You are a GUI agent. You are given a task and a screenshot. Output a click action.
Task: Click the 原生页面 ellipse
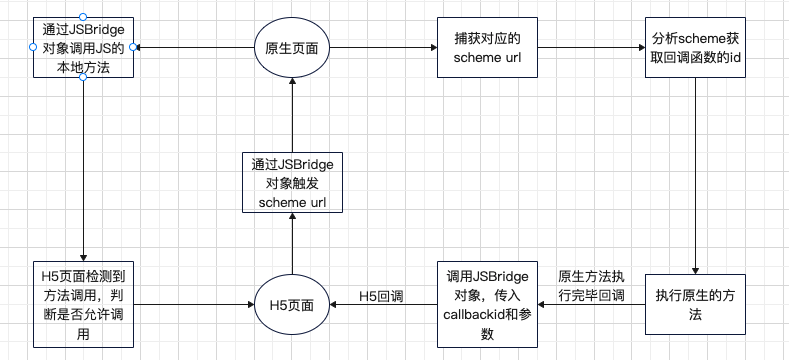point(292,49)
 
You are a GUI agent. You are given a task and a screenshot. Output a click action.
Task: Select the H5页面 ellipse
point(292,301)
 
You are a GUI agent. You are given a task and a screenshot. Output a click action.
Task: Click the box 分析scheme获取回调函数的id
point(696,49)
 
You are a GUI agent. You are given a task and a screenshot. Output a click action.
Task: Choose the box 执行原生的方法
point(696,302)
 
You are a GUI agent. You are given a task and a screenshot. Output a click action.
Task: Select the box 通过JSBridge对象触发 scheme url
point(292,180)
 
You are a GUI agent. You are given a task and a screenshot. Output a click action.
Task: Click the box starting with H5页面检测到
point(83,302)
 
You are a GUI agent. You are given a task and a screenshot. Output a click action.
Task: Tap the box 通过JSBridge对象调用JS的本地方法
point(83,47)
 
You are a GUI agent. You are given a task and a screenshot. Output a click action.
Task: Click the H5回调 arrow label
point(380,296)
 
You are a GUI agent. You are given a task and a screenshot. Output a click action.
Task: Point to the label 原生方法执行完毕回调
point(592,285)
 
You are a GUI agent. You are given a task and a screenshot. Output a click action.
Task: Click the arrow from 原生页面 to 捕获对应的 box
point(384,49)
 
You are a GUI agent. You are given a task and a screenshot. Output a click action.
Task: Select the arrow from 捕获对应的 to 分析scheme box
point(589,49)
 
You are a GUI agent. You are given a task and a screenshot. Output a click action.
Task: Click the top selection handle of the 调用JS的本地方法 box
point(83,17)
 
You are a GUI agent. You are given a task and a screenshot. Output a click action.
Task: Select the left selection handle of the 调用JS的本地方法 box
point(34,47)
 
